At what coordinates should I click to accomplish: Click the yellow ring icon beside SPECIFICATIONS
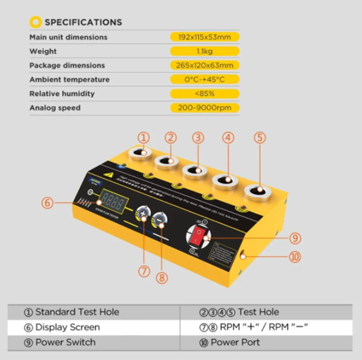click(x=36, y=22)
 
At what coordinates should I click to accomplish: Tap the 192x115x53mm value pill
click(x=205, y=37)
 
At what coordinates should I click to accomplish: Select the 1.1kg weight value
click(x=205, y=51)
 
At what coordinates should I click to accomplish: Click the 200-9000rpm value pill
click(x=205, y=108)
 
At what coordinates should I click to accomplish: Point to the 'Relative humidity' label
click(x=62, y=94)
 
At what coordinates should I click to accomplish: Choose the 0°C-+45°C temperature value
click(x=205, y=80)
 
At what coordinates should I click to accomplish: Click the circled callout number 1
click(x=144, y=138)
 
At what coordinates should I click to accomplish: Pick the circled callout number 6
click(x=48, y=203)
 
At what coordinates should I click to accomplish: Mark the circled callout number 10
click(x=295, y=257)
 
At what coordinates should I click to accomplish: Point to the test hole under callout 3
click(x=195, y=170)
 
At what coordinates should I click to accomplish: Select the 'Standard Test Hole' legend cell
click(x=72, y=312)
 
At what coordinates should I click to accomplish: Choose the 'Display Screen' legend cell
click(x=63, y=327)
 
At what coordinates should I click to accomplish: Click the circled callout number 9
click(x=295, y=238)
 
